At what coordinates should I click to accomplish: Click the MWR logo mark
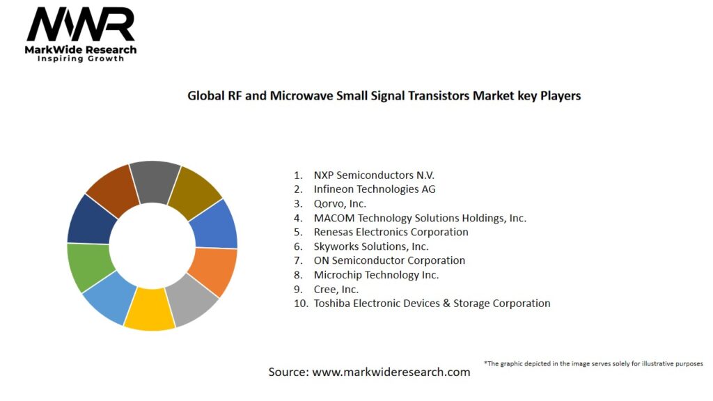tap(80, 25)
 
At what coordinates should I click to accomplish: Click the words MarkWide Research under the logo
tap(80, 49)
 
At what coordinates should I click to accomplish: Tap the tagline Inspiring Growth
tap(80, 58)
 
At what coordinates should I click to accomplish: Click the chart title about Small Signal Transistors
tap(384, 95)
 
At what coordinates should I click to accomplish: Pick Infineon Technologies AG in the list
tap(375, 189)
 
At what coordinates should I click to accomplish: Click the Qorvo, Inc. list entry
tap(340, 203)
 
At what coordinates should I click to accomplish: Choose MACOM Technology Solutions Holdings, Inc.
tap(420, 218)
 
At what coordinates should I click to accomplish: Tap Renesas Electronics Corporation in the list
tap(391, 232)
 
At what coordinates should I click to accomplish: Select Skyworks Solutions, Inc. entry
tap(370, 246)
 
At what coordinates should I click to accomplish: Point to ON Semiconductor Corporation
tap(389, 260)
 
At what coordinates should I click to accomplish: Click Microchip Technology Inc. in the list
tap(376, 275)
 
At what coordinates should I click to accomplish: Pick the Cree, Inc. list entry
tap(336, 289)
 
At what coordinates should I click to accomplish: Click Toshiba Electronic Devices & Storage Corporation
tap(432, 304)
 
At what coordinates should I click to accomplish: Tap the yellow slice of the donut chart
tap(149, 309)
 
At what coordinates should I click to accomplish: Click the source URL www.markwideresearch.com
tap(391, 372)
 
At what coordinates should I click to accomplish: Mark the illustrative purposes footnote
tap(593, 363)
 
